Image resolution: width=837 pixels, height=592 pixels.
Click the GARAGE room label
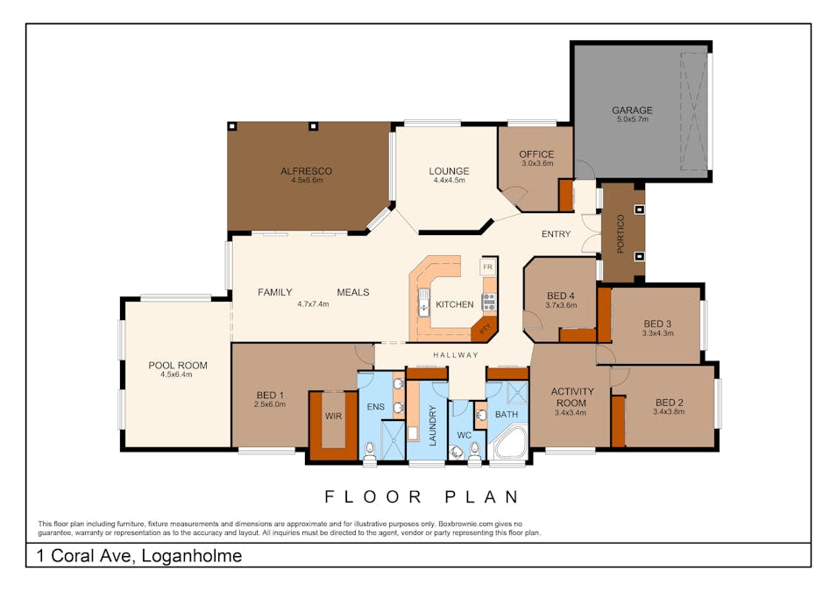(632, 110)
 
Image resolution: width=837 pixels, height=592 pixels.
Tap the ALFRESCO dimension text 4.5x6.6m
(307, 181)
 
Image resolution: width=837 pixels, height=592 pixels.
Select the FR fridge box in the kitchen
(488, 267)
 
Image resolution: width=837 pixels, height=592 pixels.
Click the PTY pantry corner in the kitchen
(485, 329)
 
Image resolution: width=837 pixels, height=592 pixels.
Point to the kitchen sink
(424, 302)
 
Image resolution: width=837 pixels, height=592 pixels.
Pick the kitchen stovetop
(489, 302)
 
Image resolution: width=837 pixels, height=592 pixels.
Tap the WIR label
(333, 417)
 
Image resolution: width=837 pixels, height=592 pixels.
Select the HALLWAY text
(456, 355)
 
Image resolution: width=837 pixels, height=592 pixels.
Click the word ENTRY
(556, 234)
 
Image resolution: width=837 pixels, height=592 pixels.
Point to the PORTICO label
(621, 233)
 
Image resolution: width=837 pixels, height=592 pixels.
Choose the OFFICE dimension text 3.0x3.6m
(537, 163)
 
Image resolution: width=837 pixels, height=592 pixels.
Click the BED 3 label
(657, 324)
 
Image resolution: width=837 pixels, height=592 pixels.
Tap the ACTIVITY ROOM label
(571, 397)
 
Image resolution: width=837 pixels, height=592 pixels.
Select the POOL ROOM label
(178, 366)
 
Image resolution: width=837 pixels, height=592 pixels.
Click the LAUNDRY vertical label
(432, 425)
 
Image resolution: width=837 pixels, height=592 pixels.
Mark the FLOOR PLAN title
(422, 497)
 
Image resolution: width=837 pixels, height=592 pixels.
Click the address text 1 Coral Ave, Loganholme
(138, 556)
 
